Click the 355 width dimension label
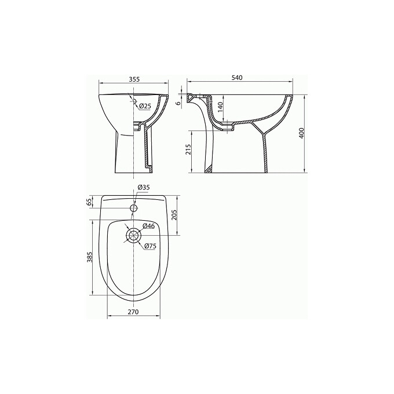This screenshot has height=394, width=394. [134, 79]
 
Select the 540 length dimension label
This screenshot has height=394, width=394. [237, 78]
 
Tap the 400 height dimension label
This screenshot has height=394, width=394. [301, 133]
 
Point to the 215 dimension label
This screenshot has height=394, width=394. [189, 149]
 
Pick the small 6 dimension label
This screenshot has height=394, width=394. [178, 104]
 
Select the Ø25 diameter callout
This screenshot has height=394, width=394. [145, 106]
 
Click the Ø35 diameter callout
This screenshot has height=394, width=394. [144, 187]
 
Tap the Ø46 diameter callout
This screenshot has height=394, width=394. [148, 226]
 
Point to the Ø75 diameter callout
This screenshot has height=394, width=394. [150, 246]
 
